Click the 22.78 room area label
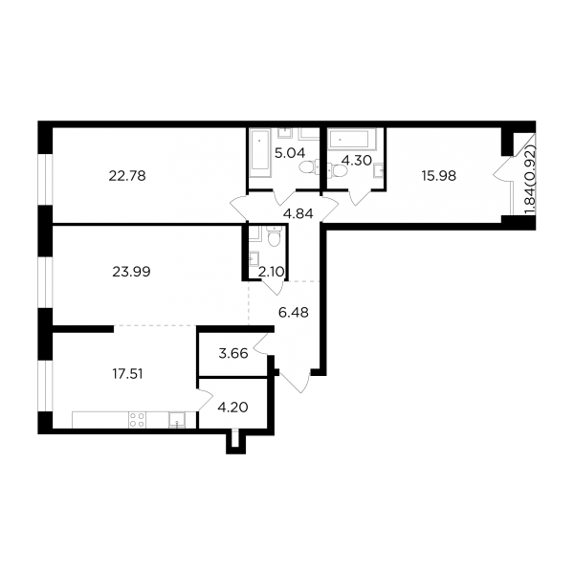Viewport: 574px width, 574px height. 127,176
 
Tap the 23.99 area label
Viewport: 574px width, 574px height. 131,272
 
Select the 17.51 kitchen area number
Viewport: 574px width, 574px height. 127,374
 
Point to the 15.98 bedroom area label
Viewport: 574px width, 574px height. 438,176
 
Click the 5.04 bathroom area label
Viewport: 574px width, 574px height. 290,153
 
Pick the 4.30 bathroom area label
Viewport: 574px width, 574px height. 356,161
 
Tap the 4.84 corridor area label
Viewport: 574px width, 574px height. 298,213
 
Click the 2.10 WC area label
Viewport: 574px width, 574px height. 271,272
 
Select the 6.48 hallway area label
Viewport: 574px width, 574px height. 294,313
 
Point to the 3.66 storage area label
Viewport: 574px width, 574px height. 233,354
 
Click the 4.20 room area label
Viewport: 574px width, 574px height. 232,408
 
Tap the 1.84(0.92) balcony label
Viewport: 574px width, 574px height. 530,180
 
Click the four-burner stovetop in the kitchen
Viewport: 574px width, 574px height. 137,420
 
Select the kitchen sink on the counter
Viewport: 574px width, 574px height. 177,420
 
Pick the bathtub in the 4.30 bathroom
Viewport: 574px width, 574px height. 352,140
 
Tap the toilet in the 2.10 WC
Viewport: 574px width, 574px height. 273,236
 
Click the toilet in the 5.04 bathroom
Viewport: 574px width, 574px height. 309,167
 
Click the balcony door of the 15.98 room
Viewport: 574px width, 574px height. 503,168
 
